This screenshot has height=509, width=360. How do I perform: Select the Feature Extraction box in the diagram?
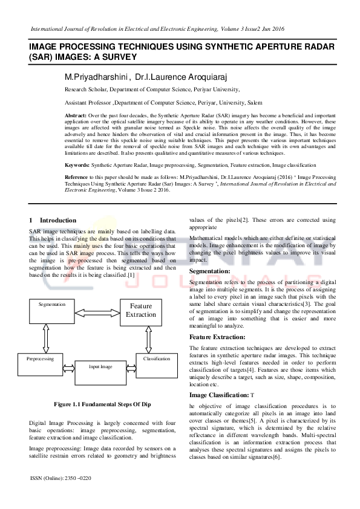pos(141,310)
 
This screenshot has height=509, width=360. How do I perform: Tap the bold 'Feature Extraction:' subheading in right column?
pos(217,337)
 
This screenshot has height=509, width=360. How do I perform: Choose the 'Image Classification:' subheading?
pos(220,395)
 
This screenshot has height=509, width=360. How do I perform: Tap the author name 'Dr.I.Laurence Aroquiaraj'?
pos(177,77)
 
